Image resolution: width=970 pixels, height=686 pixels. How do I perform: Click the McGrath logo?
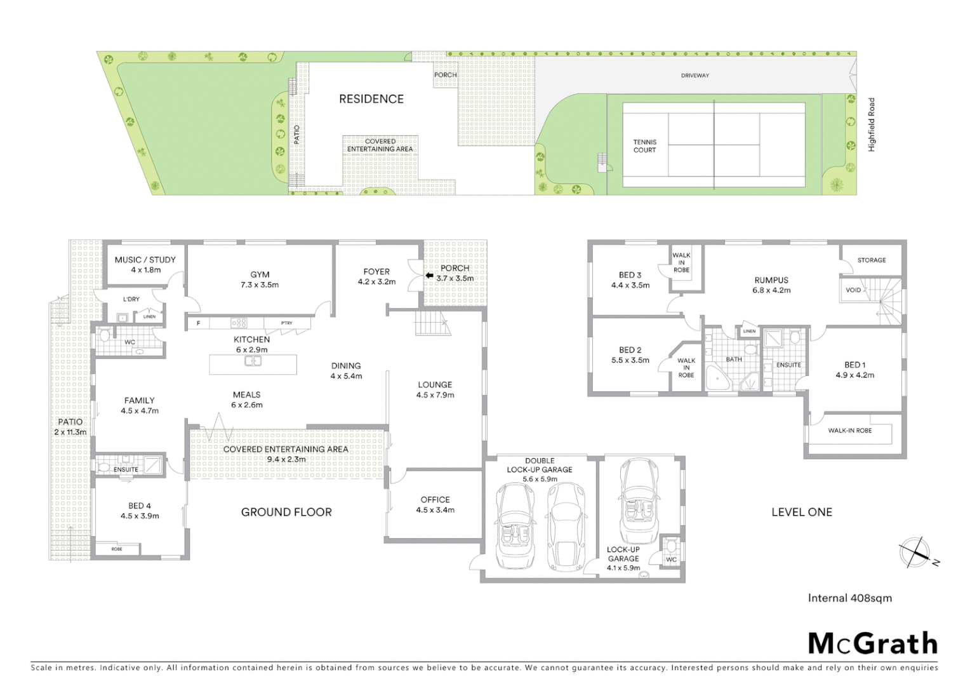[x=873, y=643]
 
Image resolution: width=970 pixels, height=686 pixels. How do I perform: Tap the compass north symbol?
[x=915, y=551]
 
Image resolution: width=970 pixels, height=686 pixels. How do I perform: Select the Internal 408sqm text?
[x=849, y=598]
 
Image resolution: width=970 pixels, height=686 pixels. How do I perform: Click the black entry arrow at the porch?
[x=429, y=276]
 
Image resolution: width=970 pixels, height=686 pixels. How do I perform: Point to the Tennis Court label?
[x=644, y=146]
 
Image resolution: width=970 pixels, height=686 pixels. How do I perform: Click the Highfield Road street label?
[x=872, y=124]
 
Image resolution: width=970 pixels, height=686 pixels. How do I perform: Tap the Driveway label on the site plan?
[x=695, y=76]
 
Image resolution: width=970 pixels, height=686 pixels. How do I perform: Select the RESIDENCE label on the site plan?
[x=371, y=99]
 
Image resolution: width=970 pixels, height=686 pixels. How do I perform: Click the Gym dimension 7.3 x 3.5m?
[x=260, y=285]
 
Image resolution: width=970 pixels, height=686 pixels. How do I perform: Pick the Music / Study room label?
[x=145, y=260]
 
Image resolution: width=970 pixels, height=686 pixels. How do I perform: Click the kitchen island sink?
[x=253, y=361]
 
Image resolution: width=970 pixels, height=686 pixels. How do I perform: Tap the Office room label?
[x=435, y=500]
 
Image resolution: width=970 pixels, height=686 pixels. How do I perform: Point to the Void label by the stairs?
[x=853, y=290]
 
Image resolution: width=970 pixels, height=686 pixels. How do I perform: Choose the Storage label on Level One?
[x=872, y=260]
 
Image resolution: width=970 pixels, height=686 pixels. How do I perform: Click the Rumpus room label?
[x=771, y=280]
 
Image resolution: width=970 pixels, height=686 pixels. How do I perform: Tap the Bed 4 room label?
[x=140, y=506]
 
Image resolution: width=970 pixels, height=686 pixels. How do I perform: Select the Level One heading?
[x=801, y=512]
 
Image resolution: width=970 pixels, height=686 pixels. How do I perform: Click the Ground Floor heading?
[x=286, y=512]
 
